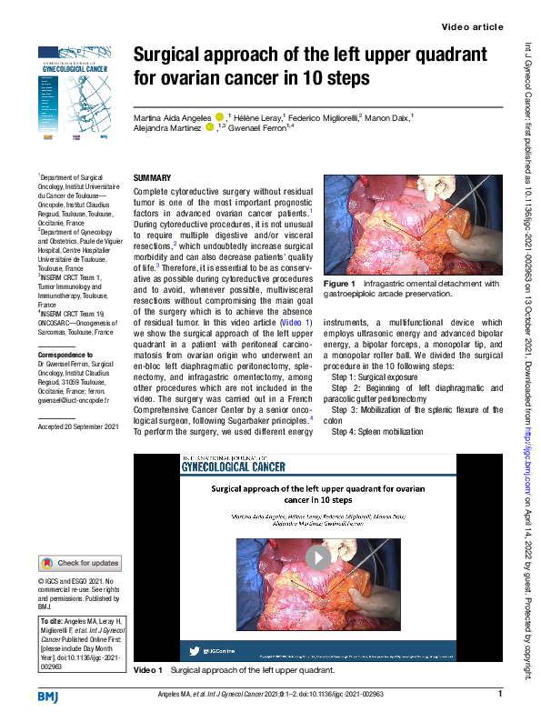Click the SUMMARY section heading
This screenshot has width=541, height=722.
pos(152,177)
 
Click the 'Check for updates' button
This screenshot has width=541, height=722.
pos(80,563)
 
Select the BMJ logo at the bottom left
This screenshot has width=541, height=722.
pos(47,696)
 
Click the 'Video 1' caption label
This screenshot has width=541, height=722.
pos(147,670)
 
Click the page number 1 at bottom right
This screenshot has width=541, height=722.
pos(500,695)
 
